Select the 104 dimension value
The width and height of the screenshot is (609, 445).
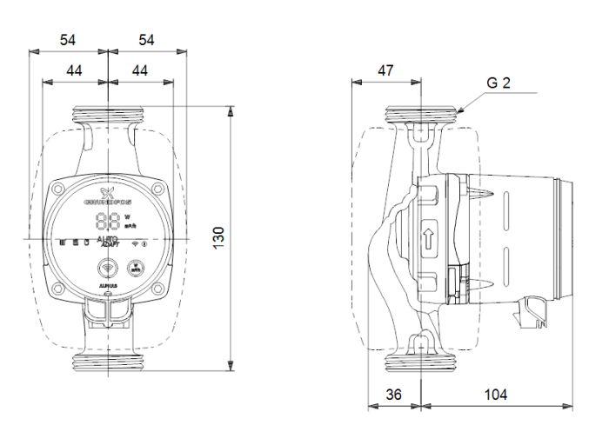click(x=496, y=395)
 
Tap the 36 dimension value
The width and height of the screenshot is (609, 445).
click(x=394, y=395)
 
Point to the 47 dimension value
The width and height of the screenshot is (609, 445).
click(x=385, y=70)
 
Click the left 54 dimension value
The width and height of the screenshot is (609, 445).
click(x=69, y=40)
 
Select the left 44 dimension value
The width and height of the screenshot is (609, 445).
click(x=75, y=70)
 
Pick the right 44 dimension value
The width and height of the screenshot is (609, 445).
click(x=138, y=70)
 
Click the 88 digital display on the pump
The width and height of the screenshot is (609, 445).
click(x=108, y=221)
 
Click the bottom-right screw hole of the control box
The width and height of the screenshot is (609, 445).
click(x=157, y=288)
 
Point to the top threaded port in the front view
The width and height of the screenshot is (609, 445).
click(x=107, y=113)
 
